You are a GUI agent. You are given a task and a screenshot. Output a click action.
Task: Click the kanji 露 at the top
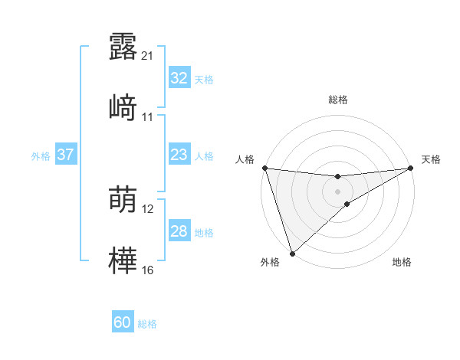(123, 46)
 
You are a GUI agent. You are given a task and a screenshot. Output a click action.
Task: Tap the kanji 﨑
(123, 107)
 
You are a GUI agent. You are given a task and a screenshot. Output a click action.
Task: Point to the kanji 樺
(123, 260)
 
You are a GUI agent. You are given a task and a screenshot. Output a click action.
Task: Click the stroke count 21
(148, 56)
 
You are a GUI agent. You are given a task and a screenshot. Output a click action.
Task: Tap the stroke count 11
(148, 117)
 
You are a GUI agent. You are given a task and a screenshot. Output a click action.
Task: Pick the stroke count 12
(148, 209)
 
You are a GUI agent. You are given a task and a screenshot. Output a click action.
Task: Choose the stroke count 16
(148, 270)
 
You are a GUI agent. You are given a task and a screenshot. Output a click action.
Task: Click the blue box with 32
(179, 78)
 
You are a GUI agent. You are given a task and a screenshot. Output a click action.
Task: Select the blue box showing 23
(179, 155)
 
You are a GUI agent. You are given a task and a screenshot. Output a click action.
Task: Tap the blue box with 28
(179, 231)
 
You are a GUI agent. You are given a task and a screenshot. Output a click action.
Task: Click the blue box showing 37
(65, 155)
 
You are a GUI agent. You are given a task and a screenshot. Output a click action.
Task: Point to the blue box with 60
(123, 322)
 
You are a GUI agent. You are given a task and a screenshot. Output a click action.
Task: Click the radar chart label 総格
(338, 100)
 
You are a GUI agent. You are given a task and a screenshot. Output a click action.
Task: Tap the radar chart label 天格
(431, 159)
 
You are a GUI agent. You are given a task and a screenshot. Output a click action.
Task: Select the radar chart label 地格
(402, 263)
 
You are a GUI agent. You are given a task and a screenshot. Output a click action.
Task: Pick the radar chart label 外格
(270, 263)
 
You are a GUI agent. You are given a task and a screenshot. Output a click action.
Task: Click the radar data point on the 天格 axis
(412, 168)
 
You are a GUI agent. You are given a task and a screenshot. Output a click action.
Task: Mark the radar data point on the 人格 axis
(264, 168)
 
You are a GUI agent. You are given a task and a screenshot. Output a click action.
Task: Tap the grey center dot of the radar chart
(338, 191)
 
